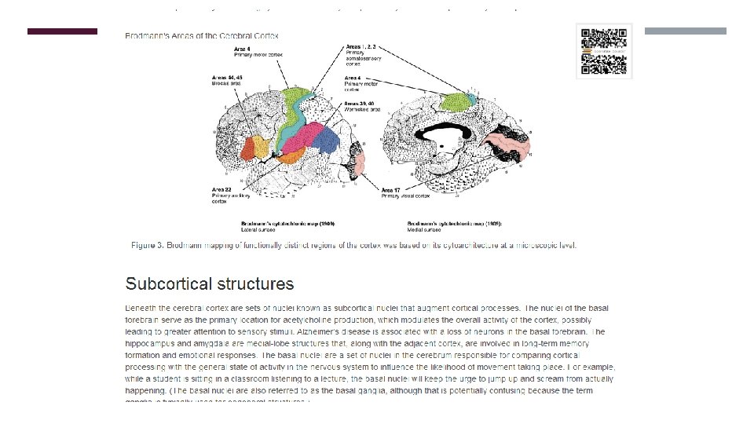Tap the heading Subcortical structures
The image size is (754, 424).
coord(210,283)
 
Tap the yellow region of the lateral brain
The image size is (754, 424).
coord(256,147)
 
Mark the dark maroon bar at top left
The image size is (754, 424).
coord(62,31)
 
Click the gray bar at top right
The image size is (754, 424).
coord(686,31)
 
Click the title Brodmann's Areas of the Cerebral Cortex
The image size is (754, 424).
coord(201,36)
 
